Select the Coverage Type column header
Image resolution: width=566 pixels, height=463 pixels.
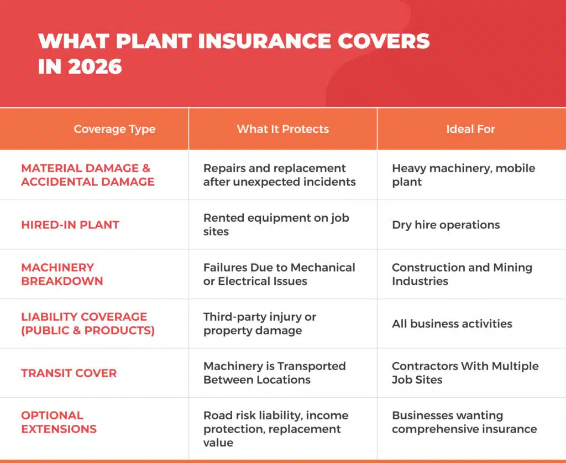tap(114, 129)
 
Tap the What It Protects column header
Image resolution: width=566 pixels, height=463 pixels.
tap(282, 129)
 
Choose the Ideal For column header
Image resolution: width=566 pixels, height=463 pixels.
tap(470, 129)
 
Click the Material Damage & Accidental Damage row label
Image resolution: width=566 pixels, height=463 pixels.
tap(87, 175)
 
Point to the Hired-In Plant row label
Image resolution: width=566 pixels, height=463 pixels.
tap(70, 225)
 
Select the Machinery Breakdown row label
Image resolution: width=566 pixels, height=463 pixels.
tap(62, 274)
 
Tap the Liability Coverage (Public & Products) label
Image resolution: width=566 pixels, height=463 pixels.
tap(87, 324)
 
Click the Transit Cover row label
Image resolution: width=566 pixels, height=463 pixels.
tap(69, 373)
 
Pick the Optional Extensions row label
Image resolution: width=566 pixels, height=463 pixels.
tap(59, 422)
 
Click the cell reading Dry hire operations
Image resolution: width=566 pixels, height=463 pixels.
tap(446, 225)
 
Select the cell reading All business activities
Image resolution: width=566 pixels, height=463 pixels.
tap(452, 324)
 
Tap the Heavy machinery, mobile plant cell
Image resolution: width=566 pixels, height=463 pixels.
tap(463, 175)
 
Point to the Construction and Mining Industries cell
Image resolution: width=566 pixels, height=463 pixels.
tap(462, 274)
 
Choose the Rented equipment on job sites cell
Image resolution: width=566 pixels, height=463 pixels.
tap(276, 225)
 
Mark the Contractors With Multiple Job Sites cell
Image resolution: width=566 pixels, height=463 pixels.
tap(465, 373)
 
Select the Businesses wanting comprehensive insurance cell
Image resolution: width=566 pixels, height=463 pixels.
tap(464, 422)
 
